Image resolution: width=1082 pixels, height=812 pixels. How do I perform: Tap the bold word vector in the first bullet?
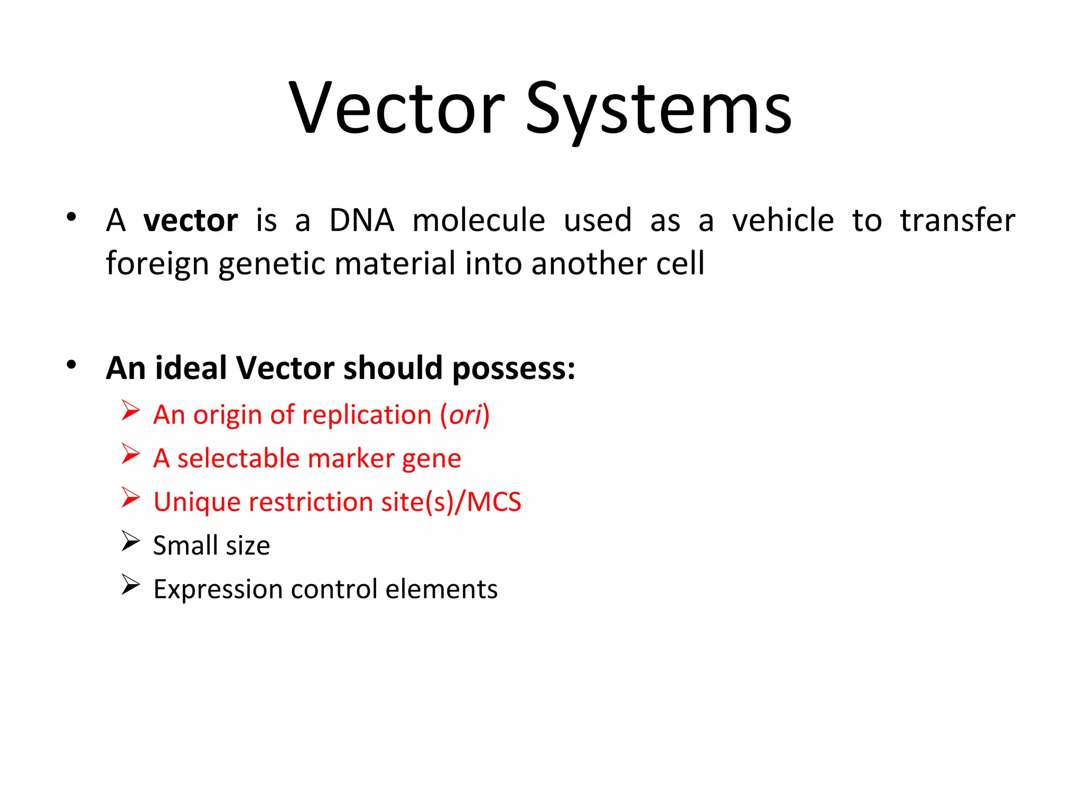click(191, 220)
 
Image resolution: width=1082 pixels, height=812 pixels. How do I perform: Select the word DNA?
click(362, 220)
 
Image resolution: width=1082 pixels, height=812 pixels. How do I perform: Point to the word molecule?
click(479, 220)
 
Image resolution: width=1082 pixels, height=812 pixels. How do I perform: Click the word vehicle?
click(783, 220)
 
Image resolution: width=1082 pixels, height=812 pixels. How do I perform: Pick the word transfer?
click(957, 220)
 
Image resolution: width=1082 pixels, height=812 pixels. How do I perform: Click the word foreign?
click(157, 264)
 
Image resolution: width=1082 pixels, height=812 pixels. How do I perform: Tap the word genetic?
click(272, 264)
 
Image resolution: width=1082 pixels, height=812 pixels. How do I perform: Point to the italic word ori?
click(465, 415)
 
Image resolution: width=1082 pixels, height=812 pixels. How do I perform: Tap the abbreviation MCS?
click(494, 502)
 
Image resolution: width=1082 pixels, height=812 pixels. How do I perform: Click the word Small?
click(185, 546)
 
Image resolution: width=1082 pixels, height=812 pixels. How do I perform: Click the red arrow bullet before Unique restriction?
click(130, 497)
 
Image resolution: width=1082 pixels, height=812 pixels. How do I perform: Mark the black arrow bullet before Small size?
click(130, 541)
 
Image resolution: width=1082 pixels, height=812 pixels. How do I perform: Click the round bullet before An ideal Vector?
click(72, 364)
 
